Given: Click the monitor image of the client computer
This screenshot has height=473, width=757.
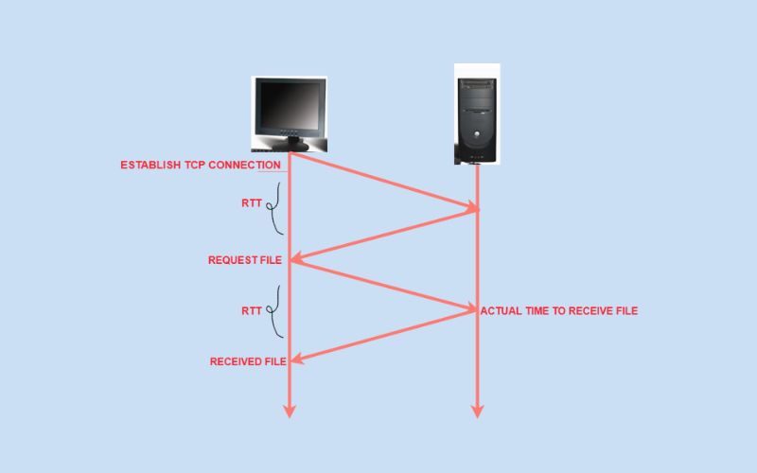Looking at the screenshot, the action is click(290, 114).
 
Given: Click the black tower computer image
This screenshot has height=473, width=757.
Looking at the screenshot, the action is click(477, 114).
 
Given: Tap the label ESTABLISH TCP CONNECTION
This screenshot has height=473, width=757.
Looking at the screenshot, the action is click(201, 165).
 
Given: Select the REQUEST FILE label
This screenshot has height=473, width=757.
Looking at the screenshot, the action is click(245, 260).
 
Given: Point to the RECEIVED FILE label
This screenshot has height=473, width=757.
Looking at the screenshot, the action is click(248, 361).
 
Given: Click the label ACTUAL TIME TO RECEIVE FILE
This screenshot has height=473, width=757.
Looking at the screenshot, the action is click(559, 311).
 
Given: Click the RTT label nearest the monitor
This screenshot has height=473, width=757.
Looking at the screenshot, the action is click(252, 203).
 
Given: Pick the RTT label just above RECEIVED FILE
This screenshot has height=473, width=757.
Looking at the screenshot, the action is click(252, 311).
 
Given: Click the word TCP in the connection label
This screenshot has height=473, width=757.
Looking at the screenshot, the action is click(195, 165).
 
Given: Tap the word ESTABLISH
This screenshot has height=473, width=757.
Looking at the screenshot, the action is click(150, 165).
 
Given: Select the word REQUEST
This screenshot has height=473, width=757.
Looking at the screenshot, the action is click(233, 260).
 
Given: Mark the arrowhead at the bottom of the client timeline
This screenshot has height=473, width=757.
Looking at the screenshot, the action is click(290, 411).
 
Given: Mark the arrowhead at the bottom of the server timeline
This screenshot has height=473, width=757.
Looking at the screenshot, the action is click(477, 411).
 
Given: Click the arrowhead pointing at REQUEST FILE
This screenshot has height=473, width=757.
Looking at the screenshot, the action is click(296, 259).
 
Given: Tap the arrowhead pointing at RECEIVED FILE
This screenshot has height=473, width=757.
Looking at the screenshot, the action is click(297, 359).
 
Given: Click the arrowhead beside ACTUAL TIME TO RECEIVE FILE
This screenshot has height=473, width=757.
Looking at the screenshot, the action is click(469, 308).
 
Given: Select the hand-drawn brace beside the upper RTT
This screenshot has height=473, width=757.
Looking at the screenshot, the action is click(274, 208).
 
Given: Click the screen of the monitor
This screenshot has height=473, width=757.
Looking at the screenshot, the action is click(290, 106).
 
